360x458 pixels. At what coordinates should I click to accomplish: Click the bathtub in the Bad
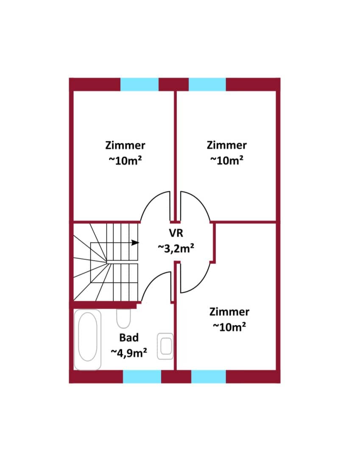pos(88,340)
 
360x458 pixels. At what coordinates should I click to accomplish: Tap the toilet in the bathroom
pos(123,318)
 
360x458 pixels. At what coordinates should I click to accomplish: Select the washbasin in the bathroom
pos(165,346)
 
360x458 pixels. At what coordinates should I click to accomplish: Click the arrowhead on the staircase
pos(135,243)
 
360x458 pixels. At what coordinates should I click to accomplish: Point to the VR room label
pos(176,233)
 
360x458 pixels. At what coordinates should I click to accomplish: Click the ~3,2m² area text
pos(176,248)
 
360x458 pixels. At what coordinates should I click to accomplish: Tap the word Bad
pos(129,338)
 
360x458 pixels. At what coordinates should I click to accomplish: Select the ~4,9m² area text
pos(129,353)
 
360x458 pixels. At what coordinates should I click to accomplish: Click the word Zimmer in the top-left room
pos(125,145)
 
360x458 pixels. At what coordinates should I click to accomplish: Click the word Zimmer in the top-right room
pos(227,145)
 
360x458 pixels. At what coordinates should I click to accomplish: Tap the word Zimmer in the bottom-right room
pos(229,312)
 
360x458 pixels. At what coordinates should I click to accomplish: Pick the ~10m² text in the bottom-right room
pos(229,327)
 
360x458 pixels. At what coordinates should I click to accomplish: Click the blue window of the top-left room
pos(140,84)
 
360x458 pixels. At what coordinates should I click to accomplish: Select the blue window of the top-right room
pos(207,84)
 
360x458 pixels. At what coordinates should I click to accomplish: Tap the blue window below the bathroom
pos(142,377)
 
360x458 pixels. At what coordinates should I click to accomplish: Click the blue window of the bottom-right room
pos(209,377)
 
